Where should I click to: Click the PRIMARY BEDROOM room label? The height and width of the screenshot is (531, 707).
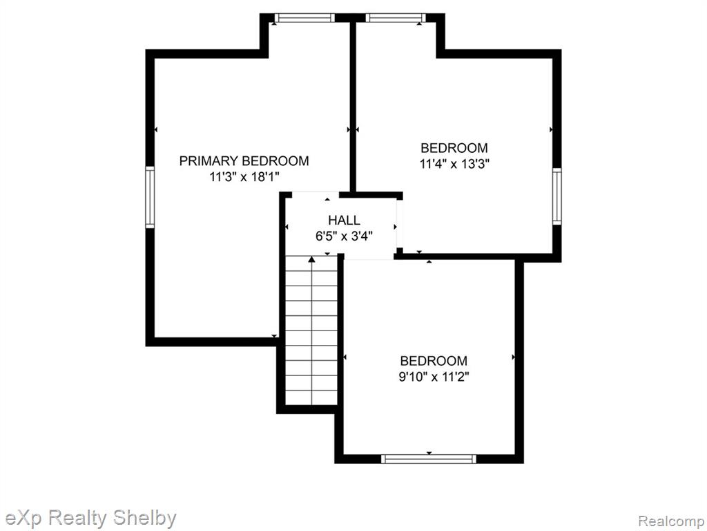244,160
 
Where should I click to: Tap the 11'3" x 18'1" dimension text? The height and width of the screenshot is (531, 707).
244,176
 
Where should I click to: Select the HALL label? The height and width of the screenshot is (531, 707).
344,221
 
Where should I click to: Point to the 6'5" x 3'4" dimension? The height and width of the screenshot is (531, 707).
344,236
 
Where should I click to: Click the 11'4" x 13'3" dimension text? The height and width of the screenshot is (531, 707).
454,163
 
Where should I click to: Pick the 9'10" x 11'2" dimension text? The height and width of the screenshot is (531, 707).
434,377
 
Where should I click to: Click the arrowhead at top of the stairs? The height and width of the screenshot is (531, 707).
311,259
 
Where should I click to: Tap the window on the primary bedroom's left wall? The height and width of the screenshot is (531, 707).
150,197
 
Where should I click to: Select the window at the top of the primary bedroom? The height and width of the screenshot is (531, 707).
304,18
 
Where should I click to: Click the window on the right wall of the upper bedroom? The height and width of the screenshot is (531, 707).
557,196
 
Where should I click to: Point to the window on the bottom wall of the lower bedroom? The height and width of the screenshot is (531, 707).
428,459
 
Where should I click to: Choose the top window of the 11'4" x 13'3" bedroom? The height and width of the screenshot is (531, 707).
396,18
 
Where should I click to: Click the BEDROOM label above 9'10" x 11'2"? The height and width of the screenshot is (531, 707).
434,361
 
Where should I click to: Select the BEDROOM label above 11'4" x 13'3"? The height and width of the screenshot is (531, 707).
454,148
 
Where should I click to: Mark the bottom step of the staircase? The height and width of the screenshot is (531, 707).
311,398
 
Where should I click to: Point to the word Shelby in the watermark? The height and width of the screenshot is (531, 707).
144,518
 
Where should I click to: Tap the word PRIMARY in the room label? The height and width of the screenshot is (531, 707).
209,160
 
